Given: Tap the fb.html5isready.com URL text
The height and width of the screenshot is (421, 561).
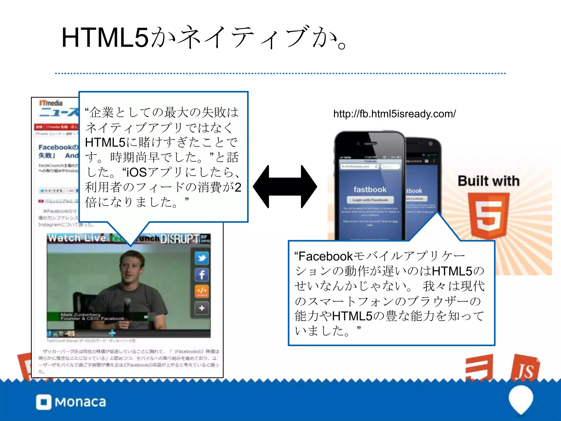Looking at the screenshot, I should (x=394, y=114).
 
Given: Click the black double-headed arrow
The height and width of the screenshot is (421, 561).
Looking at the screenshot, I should (x=285, y=187).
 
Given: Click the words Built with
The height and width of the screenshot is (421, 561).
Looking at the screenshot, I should (x=488, y=181).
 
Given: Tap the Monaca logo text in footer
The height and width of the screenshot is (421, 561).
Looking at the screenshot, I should (x=80, y=402).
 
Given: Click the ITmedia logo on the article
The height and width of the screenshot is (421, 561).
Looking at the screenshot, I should (x=51, y=103).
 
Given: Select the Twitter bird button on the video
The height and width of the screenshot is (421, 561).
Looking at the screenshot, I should (x=202, y=258).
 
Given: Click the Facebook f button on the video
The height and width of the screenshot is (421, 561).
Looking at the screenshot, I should (x=202, y=275).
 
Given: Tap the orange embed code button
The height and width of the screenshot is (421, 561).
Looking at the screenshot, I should (x=202, y=291).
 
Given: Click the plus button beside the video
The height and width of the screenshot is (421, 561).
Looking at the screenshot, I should (x=202, y=308).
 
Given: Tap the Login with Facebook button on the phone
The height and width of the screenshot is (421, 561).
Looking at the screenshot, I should (x=370, y=200).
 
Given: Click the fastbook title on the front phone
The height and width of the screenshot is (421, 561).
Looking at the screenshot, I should (x=370, y=189).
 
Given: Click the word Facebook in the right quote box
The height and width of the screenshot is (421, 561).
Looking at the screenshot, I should (x=326, y=257).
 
